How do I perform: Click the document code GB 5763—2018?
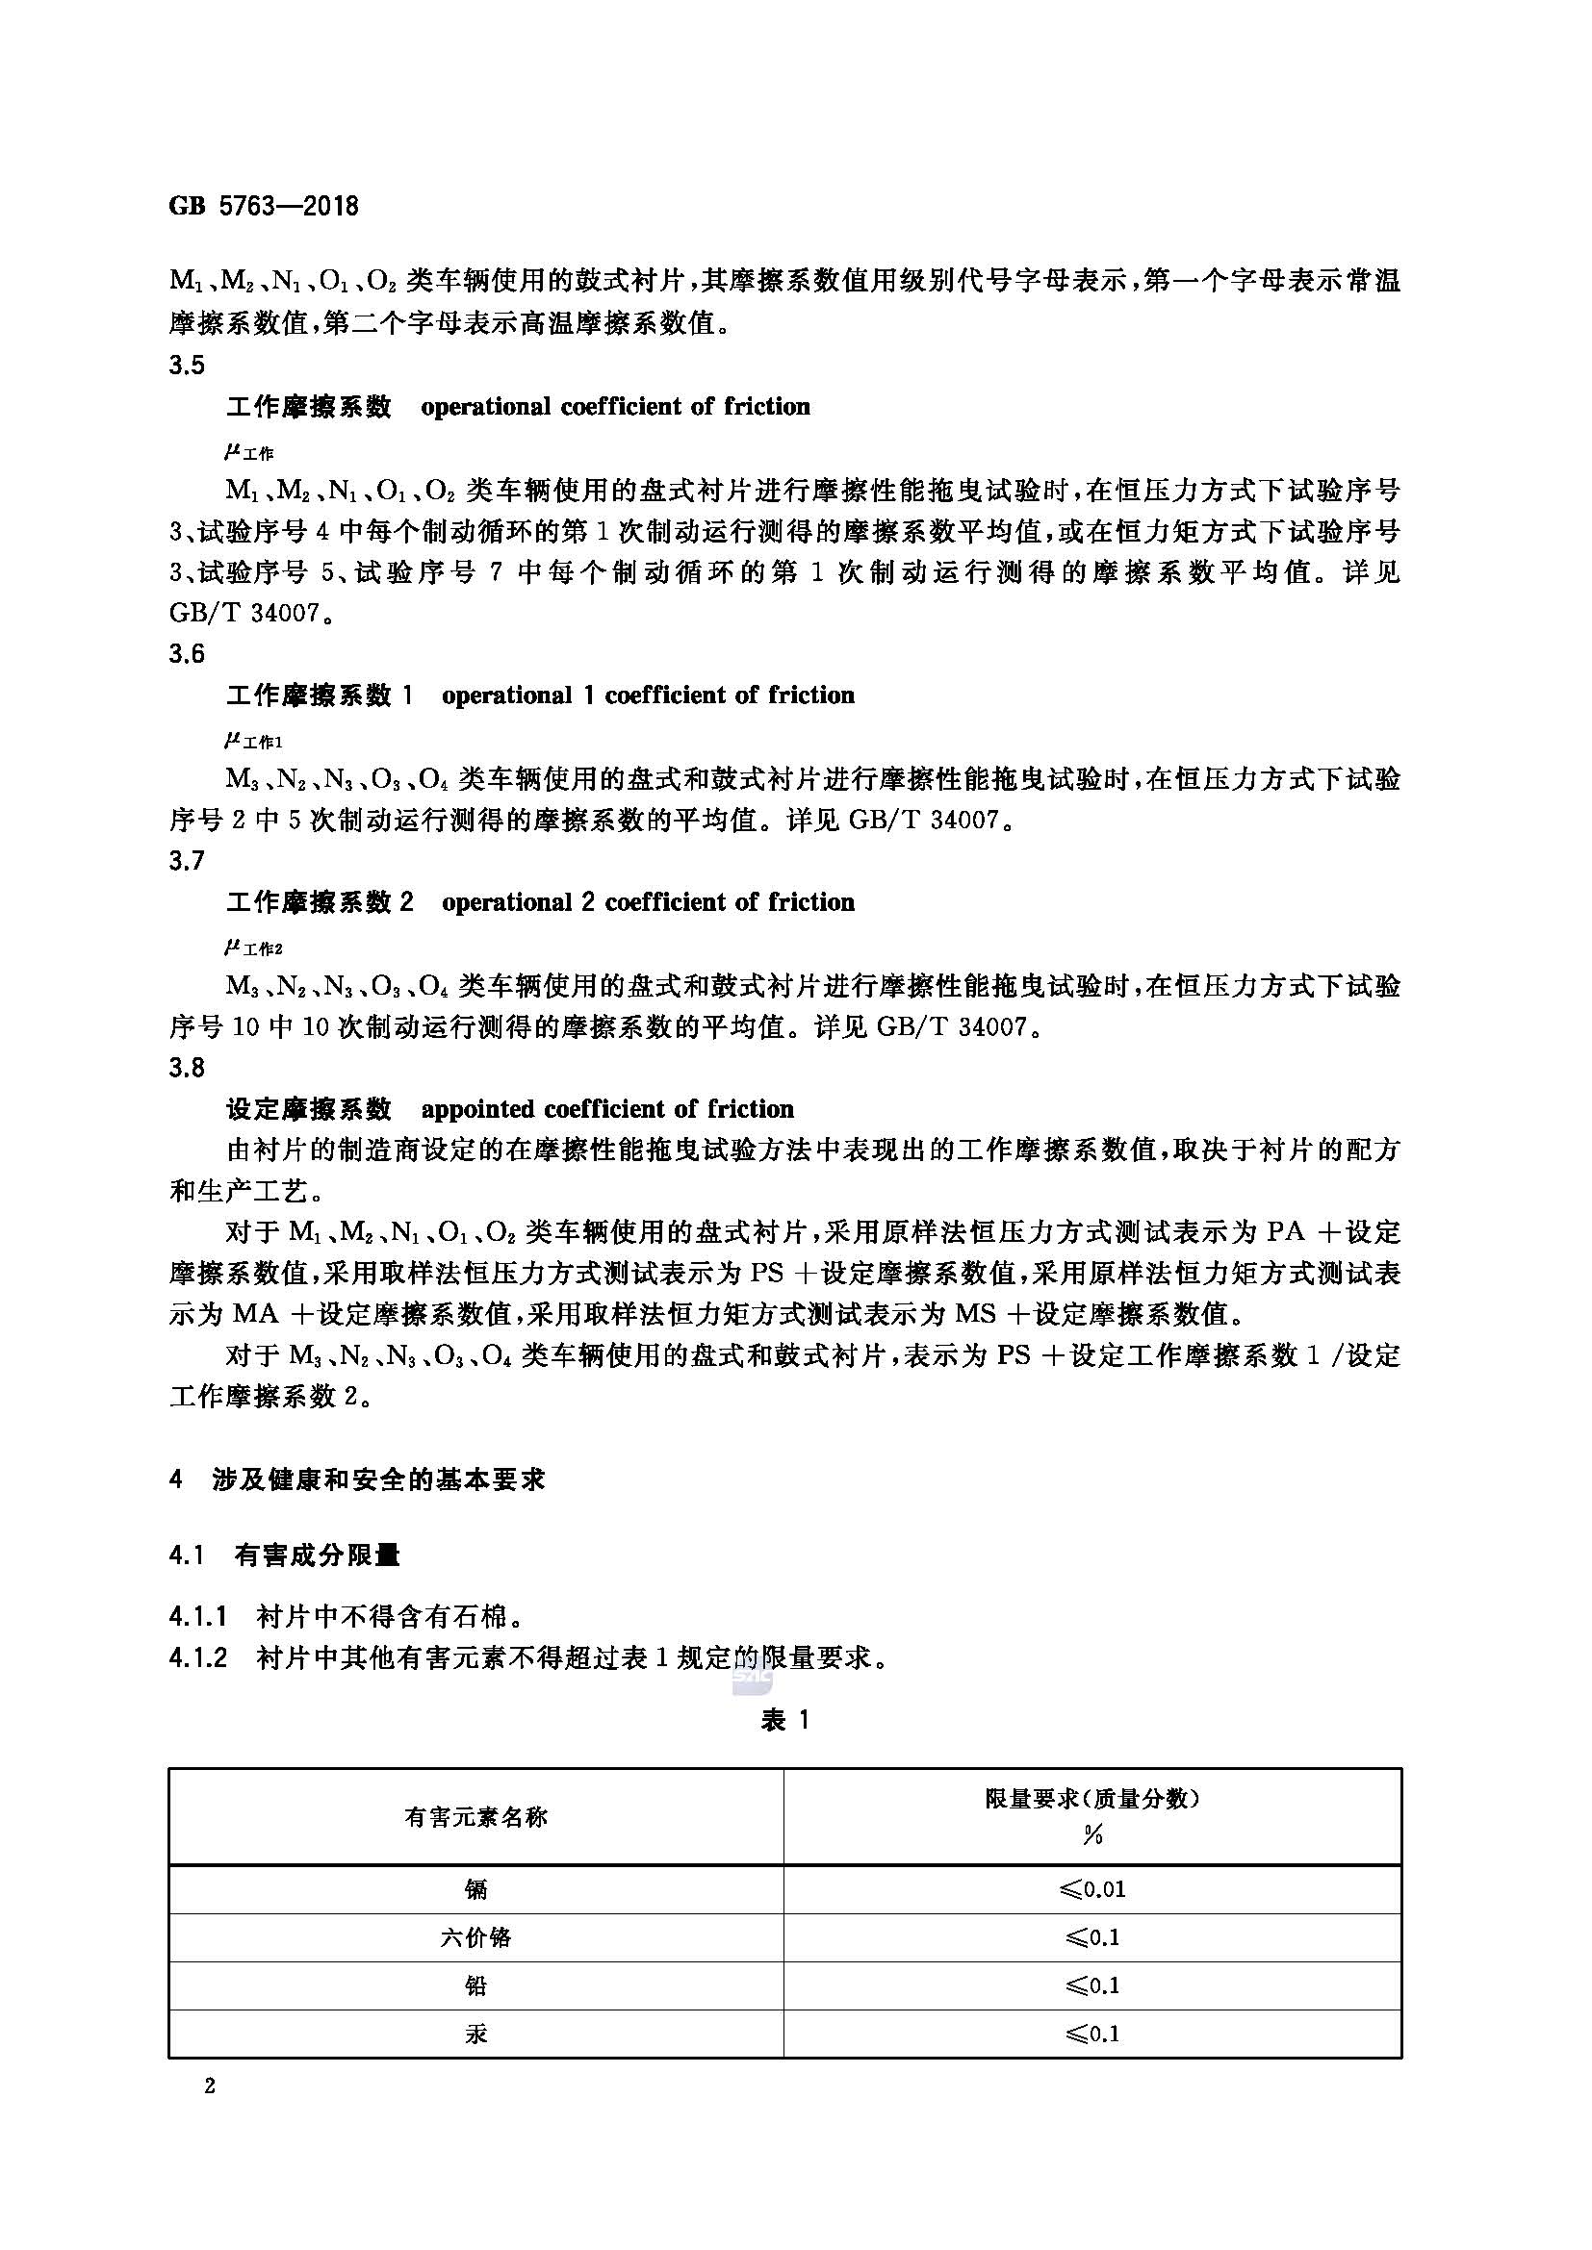click(264, 207)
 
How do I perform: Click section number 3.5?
click(187, 366)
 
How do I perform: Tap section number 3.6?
click(187, 653)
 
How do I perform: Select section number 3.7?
click(187, 860)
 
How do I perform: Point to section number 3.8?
click(187, 1067)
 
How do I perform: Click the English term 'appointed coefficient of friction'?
click(606, 1109)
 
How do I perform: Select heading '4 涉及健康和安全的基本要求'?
click(357, 1479)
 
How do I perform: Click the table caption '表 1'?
click(785, 1720)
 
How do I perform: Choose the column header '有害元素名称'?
click(476, 1817)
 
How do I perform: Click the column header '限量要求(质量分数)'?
click(1093, 1798)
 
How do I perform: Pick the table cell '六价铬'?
click(476, 1937)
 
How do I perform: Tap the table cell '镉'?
click(476, 1888)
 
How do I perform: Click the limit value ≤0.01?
click(1093, 1888)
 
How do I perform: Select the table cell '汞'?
click(476, 2034)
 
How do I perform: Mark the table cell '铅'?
click(476, 1985)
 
